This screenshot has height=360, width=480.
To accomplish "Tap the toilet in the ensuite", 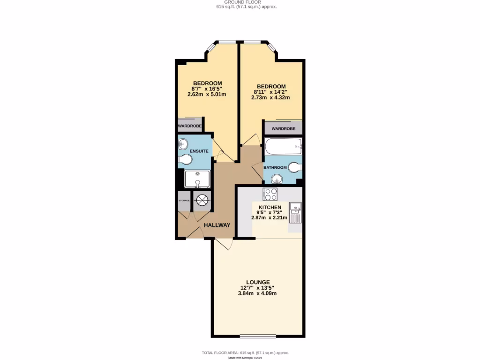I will click(186, 161).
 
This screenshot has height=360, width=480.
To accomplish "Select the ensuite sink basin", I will click(182, 144).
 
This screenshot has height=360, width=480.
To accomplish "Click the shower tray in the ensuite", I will click(197, 179).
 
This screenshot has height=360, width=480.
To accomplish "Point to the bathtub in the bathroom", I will click(283, 146).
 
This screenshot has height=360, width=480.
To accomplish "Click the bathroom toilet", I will click(294, 167).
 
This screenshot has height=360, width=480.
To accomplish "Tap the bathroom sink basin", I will click(277, 179).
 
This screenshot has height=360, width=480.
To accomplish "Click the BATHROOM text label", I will click(275, 167).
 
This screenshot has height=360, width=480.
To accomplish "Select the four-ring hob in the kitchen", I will click(270, 194).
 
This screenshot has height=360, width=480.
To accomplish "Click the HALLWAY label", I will click(217, 225).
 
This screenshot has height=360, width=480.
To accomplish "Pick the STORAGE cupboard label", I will click(184, 201).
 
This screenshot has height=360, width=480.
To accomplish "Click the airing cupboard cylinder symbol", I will click(202, 200).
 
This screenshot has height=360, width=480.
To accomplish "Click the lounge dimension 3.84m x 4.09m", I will click(257, 293).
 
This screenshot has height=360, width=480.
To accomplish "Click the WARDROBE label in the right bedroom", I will click(283, 128).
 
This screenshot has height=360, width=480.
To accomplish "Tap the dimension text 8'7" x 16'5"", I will click(207, 89).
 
